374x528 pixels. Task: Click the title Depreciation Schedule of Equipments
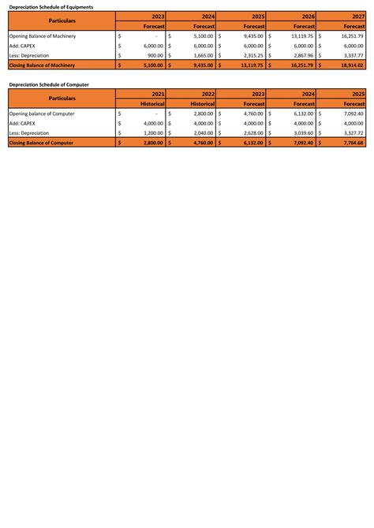click(50, 6)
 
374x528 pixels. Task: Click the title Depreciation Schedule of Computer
click(48, 84)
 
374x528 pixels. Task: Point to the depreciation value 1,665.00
click(203, 56)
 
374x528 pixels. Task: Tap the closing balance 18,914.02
click(351, 66)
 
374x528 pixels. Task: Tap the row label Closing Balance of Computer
click(44, 143)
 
